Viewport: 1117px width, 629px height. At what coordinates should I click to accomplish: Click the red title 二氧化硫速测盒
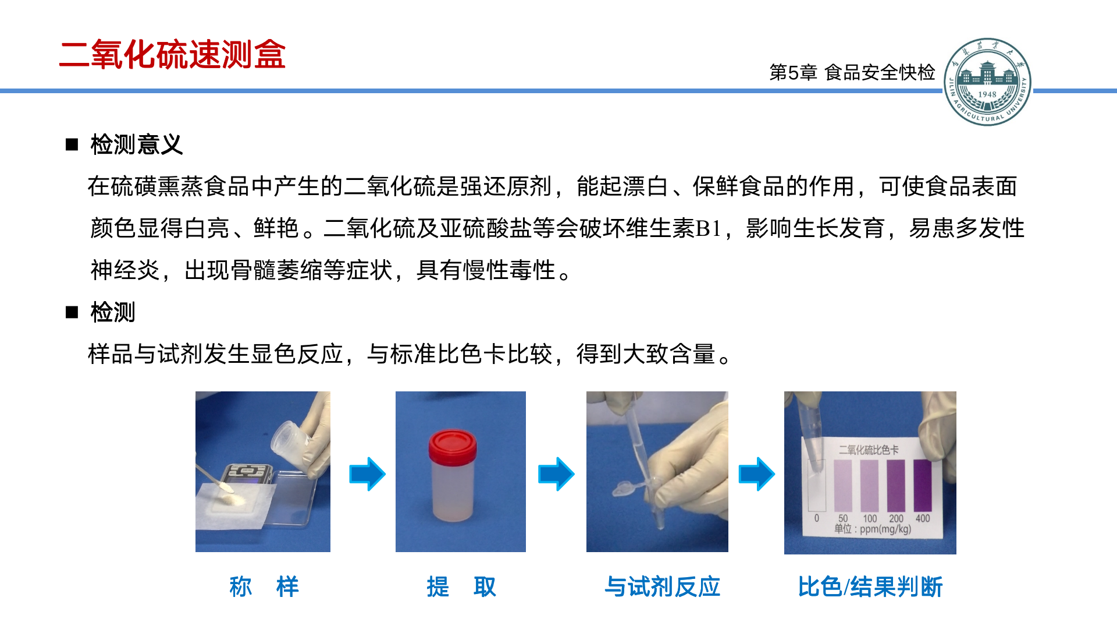[172, 55]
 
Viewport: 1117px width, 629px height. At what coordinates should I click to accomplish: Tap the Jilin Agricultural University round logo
[987, 82]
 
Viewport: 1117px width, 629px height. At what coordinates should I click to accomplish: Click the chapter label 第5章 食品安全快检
[852, 72]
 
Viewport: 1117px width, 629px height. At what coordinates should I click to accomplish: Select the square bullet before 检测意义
[72, 144]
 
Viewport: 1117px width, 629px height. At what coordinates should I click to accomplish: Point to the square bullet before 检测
[72, 312]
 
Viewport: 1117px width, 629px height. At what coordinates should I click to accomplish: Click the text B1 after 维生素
[709, 228]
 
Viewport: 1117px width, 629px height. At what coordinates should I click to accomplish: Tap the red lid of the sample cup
[453, 447]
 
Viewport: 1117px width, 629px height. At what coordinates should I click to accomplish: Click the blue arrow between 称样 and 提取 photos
[367, 474]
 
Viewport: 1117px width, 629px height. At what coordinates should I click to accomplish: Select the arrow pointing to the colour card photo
[756, 474]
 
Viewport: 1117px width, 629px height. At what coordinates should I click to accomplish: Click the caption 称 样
[264, 586]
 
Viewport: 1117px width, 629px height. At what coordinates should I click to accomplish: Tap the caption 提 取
[461, 586]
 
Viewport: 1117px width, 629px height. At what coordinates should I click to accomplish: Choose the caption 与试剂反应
[663, 586]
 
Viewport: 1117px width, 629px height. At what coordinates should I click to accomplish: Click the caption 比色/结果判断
[870, 586]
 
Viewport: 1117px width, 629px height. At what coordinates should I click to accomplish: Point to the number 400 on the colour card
[923, 518]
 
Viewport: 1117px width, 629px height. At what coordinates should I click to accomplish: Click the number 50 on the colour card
[843, 518]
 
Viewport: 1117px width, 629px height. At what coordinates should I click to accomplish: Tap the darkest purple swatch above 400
[923, 485]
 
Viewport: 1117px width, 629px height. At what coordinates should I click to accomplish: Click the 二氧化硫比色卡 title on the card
[869, 450]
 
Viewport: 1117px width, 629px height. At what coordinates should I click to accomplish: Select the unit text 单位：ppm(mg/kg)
[873, 529]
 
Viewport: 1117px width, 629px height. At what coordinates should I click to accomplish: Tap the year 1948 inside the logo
[987, 94]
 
